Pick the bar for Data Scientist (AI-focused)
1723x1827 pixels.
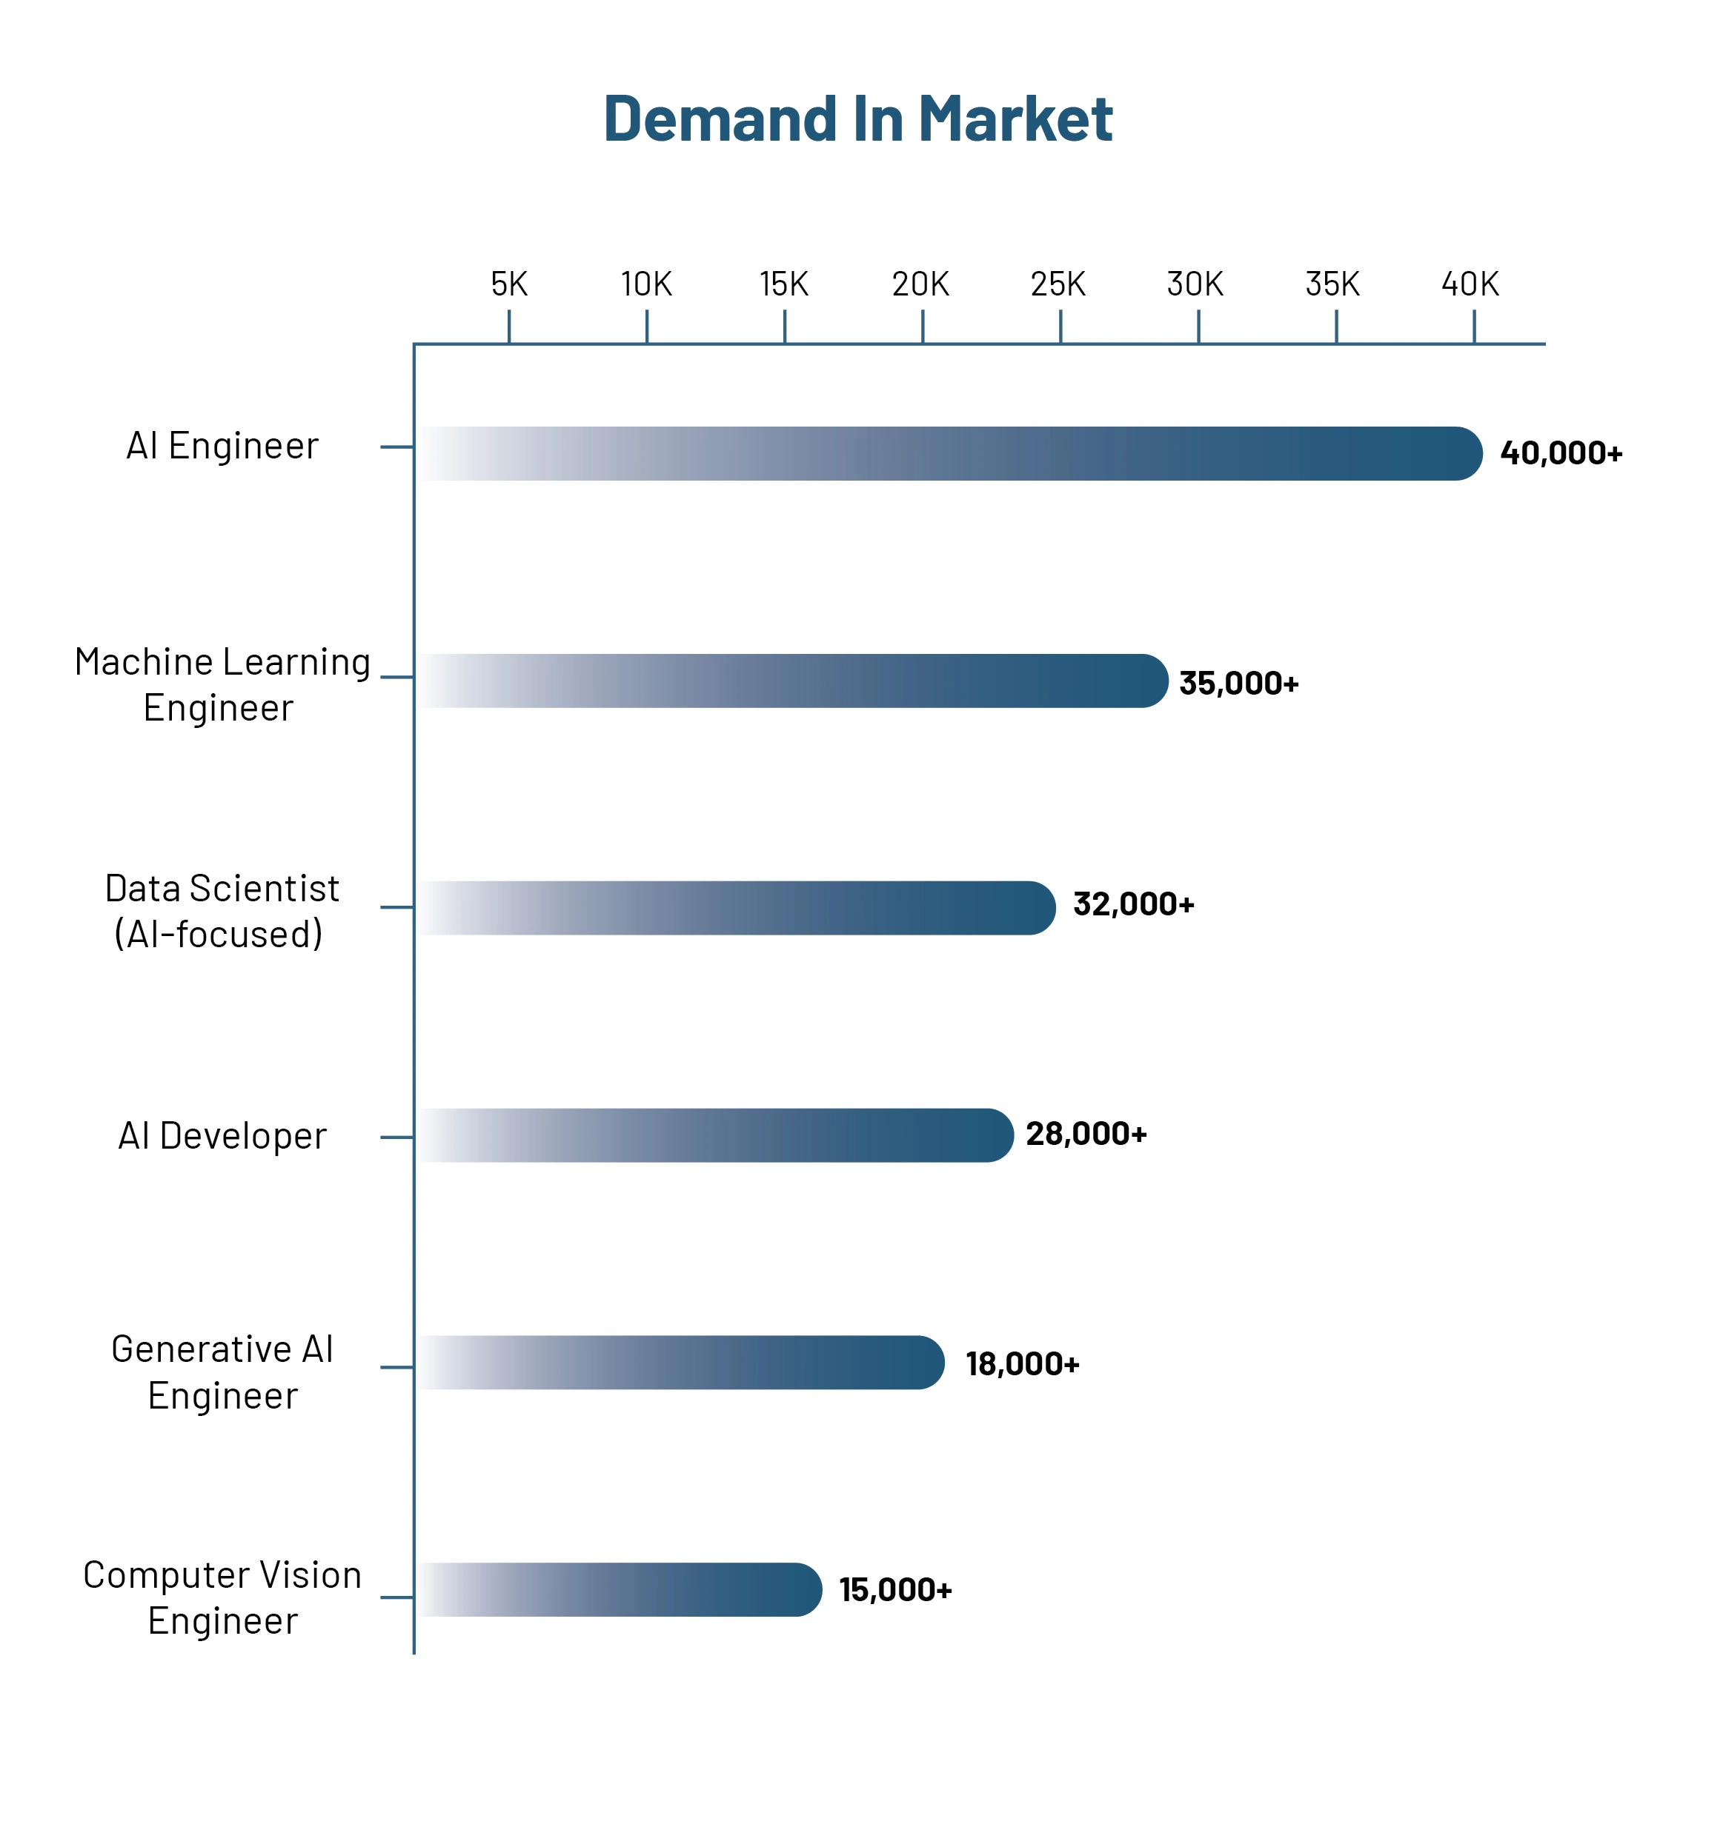(x=736, y=908)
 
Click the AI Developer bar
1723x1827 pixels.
(x=715, y=1135)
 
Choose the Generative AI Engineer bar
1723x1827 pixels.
(x=680, y=1362)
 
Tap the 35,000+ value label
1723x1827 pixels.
(x=1238, y=683)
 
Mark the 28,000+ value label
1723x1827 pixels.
(x=1086, y=1134)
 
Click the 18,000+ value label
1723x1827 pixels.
(x=1021, y=1364)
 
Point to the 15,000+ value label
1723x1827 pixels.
(x=894, y=1590)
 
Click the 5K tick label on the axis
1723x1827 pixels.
(x=508, y=284)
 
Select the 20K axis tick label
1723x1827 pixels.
(x=920, y=284)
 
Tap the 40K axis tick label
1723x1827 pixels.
(x=1470, y=284)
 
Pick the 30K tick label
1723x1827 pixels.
(x=1195, y=284)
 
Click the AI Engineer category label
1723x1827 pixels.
(x=222, y=446)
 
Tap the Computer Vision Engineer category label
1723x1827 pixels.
(x=222, y=1597)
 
